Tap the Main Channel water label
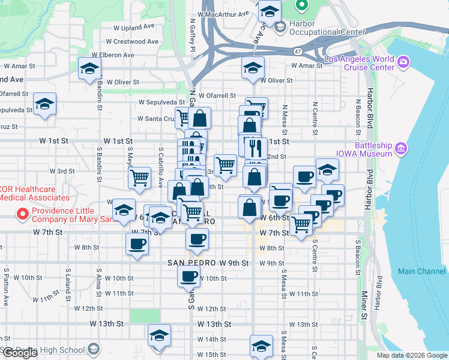tap(421, 271)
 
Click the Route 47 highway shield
tap(298, 52)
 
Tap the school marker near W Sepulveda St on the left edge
tap(44, 105)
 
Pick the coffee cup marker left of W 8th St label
tap(137, 244)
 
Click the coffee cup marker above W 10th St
tap(188, 276)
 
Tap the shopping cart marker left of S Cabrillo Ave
tap(139, 177)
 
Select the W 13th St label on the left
tap(106, 323)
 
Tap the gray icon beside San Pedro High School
tap(93, 349)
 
